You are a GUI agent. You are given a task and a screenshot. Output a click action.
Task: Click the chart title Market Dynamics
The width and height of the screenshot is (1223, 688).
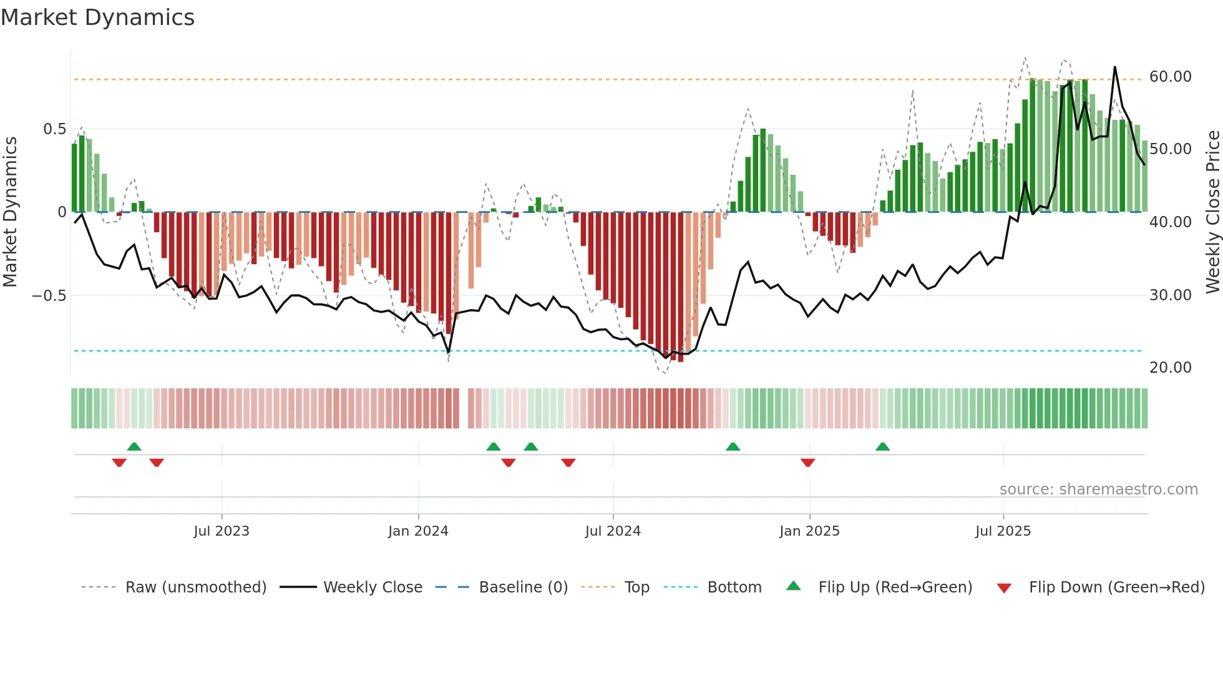pos(98,17)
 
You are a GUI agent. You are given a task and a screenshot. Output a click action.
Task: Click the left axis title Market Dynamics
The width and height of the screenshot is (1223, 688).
pos(10,212)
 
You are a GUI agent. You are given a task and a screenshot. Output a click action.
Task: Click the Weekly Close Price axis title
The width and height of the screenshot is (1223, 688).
pos(1212,212)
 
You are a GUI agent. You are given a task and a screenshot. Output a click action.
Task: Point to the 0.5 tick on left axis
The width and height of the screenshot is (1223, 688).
pos(54,129)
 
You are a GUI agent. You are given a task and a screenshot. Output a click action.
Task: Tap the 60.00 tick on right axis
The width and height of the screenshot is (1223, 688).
pos(1170,77)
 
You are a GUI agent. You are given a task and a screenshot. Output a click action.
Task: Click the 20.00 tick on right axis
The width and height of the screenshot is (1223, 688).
pos(1170,368)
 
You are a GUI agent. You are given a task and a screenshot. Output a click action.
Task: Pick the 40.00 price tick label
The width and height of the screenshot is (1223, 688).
pos(1170,222)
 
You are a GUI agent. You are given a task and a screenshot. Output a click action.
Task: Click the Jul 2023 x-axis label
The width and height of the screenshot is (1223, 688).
pos(222,531)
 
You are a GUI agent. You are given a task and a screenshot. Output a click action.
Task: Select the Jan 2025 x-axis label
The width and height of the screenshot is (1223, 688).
pos(809,531)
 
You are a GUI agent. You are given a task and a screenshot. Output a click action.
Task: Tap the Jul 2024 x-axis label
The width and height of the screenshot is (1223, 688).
pos(613,531)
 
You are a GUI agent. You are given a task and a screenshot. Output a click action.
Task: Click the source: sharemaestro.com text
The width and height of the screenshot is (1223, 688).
pos(1098,489)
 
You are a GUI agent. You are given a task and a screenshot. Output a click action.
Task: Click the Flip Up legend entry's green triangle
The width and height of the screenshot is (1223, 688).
pos(793,586)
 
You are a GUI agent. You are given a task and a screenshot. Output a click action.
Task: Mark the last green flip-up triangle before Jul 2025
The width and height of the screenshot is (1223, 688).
pos(882,447)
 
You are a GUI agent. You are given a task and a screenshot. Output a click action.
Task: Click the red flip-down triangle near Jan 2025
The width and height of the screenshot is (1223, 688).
pos(807,463)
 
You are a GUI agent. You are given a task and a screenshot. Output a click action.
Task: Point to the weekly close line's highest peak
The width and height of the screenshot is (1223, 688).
pos(1115,67)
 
